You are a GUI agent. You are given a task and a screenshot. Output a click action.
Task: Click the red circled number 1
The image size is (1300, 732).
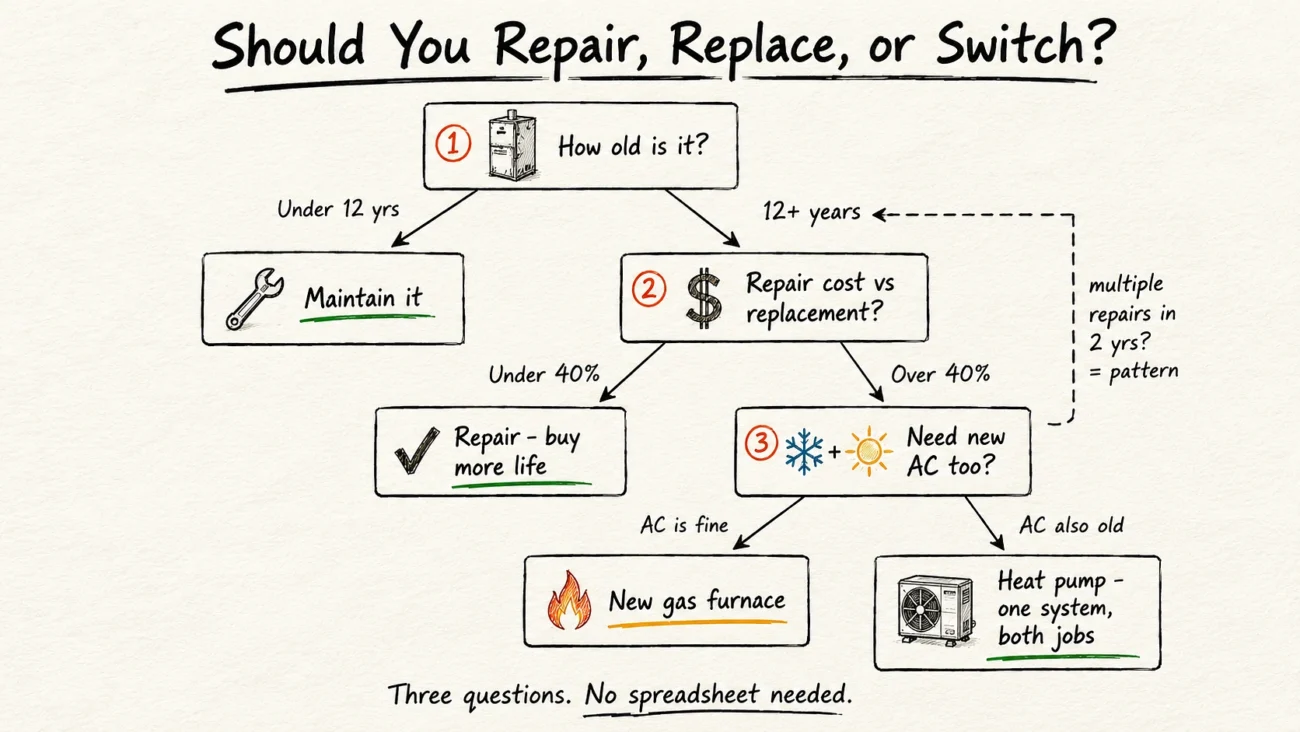(453, 143)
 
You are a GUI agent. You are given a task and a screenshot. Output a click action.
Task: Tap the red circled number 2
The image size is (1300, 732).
(649, 289)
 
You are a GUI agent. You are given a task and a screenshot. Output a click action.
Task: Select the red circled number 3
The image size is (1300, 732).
(761, 443)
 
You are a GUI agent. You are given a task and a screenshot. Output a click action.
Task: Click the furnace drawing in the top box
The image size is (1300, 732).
(512, 145)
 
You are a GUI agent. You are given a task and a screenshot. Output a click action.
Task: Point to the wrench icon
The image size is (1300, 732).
(254, 298)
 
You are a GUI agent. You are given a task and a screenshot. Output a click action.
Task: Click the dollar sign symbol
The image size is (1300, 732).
(703, 298)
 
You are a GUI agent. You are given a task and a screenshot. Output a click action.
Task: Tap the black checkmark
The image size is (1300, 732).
(416, 450)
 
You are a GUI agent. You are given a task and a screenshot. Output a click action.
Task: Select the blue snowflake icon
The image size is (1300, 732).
(804, 452)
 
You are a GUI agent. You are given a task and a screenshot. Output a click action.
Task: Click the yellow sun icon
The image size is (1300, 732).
(868, 451)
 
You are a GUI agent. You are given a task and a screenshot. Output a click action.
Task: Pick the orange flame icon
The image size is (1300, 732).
(569, 600)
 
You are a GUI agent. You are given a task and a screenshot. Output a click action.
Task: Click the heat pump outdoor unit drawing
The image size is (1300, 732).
(936, 610)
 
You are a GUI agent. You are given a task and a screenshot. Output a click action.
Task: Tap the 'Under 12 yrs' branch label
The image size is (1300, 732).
(338, 209)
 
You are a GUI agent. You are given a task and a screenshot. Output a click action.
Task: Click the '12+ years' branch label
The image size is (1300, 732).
(811, 212)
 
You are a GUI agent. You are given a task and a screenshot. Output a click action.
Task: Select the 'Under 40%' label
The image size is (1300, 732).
(544, 374)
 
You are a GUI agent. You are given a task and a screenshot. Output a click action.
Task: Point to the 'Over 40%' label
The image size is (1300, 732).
(940, 374)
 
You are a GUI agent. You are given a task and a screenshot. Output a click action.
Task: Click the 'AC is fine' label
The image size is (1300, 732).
(684, 525)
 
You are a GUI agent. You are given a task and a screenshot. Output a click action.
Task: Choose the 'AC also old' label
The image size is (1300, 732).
(1071, 525)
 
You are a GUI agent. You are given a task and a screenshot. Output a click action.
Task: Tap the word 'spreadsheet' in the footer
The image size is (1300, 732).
(694, 695)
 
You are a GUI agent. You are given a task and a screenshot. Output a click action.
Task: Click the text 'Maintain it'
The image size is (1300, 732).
(363, 297)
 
